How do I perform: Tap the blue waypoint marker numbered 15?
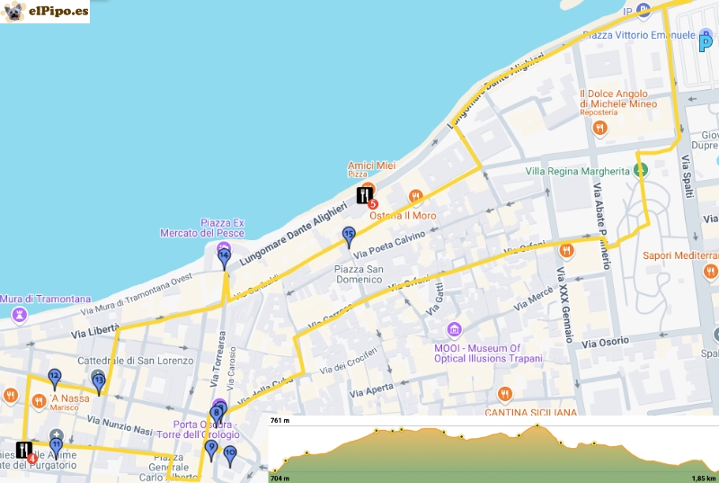349,236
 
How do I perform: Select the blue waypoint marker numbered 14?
225,257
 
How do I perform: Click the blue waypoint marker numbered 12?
54,377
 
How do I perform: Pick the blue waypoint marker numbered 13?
99,382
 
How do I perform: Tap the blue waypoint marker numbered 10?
229,454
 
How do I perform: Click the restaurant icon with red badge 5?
366,196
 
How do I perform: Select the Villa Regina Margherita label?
577,171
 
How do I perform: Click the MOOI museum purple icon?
454,329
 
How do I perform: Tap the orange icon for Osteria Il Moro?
415,196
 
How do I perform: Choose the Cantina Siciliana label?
530,413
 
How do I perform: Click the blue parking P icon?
706,42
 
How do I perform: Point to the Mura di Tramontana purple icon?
18,315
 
